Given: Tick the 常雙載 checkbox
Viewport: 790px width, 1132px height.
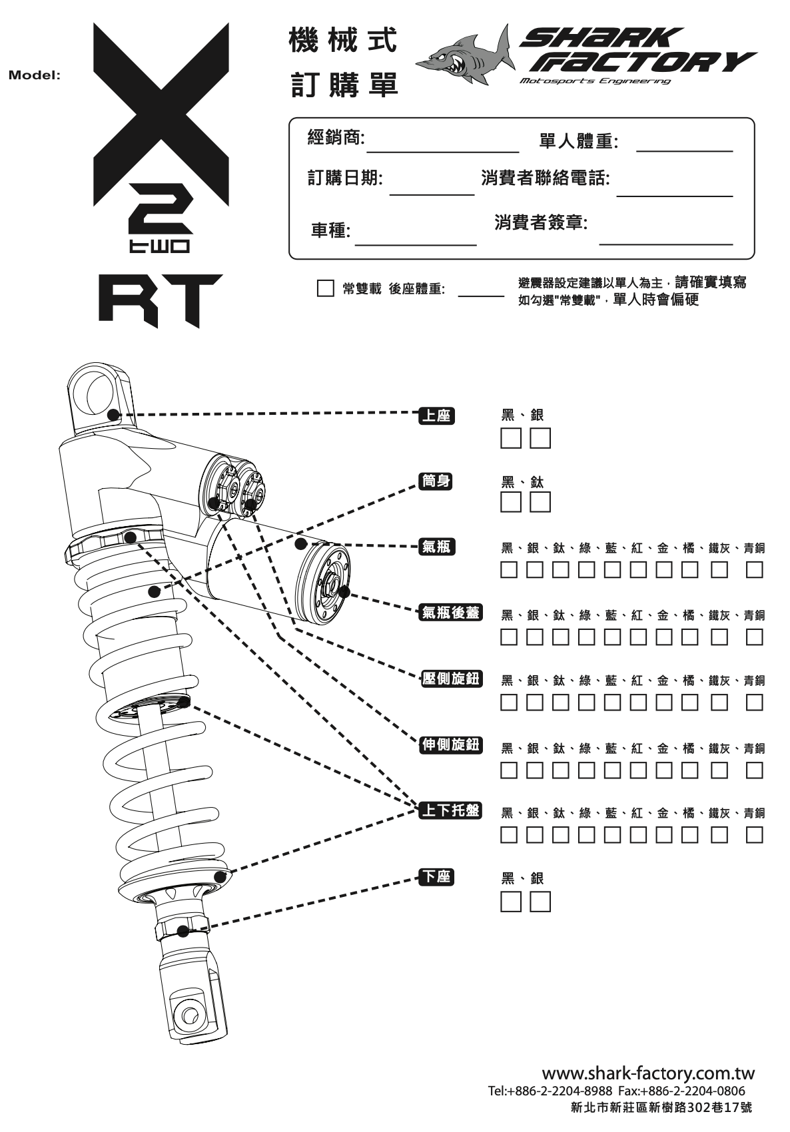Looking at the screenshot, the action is (325, 288).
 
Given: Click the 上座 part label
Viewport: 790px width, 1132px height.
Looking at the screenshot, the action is (437, 416).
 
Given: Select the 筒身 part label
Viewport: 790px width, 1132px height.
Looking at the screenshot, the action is (436, 481).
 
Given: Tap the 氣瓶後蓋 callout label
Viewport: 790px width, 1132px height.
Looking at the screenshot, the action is (451, 613).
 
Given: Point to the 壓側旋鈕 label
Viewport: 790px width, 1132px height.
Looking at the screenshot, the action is (451, 678).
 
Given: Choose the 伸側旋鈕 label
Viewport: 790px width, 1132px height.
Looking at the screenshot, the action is (451, 744).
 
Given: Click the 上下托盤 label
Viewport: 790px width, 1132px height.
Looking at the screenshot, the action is (451, 810).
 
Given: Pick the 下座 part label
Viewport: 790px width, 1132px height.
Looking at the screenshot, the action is (437, 877).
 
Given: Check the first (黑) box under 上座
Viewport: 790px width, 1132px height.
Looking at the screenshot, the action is (510, 438).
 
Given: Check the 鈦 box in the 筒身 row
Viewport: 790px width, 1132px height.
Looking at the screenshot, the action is (540, 502).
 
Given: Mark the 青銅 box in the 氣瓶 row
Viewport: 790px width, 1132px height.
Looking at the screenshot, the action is (754, 569).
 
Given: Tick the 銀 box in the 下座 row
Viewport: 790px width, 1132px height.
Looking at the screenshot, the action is (540, 902).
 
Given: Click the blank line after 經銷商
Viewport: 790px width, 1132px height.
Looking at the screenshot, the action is (443, 152).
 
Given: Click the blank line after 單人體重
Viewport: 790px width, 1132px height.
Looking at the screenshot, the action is (684, 150).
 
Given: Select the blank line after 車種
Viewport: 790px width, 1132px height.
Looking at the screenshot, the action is (416, 245).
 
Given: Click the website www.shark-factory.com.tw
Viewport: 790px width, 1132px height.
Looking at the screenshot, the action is (648, 1072).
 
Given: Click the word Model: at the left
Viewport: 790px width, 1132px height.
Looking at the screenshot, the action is (35, 75).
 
